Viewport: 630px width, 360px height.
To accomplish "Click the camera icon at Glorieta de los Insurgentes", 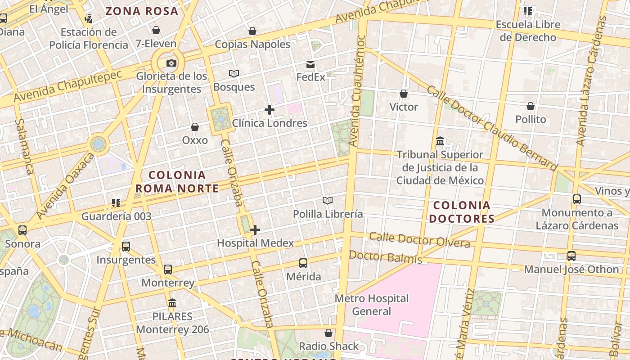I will pyautogui.click(x=171, y=63).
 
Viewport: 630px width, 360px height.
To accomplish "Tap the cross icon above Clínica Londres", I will pyautogui.click(x=270, y=110).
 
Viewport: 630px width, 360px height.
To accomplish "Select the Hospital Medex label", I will pyautogui.click(x=255, y=243).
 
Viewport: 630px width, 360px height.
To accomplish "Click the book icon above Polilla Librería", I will pyautogui.click(x=328, y=201).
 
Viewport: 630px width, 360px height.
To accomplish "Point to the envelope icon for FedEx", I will pyautogui.click(x=310, y=64).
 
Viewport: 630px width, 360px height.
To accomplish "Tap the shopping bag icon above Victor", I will pyautogui.click(x=404, y=94).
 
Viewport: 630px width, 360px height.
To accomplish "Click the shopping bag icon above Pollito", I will pyautogui.click(x=531, y=106).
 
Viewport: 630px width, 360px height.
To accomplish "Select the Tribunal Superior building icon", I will pyautogui.click(x=440, y=141).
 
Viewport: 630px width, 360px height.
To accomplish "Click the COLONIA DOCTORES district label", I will pyautogui.click(x=461, y=212).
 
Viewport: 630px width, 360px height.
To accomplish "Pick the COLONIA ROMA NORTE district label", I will pyautogui.click(x=177, y=181).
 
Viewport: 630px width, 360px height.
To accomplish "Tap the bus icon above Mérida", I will pyautogui.click(x=303, y=263).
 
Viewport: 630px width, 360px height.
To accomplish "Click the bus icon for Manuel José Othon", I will pyautogui.click(x=571, y=256).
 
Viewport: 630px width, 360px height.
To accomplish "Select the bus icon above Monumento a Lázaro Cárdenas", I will pyautogui.click(x=576, y=199).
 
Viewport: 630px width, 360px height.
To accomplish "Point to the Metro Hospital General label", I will pyautogui.click(x=371, y=305).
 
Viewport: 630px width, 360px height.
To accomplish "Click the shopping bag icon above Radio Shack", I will pyautogui.click(x=328, y=333).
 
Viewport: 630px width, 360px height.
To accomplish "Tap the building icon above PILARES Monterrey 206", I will pyautogui.click(x=172, y=303).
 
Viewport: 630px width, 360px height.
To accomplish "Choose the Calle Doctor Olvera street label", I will pyautogui.click(x=419, y=240).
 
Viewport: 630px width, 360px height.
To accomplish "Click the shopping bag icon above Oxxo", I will pyautogui.click(x=195, y=127).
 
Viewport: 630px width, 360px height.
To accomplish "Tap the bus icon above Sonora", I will pyautogui.click(x=22, y=230).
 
